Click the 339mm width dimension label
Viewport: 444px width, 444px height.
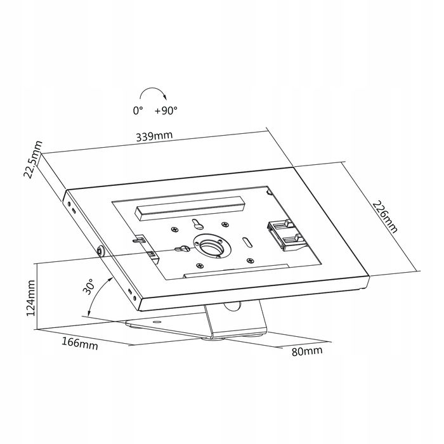pos(154,136)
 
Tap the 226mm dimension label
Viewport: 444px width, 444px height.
pos(385,217)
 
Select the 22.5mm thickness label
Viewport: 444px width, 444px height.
pos(34,159)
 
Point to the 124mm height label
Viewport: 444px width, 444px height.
pos(30,298)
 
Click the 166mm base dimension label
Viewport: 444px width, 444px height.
pos(80,344)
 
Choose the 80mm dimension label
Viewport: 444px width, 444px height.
pos(307,351)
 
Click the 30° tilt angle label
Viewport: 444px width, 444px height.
pos(89,286)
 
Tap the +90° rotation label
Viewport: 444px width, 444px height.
pos(166,110)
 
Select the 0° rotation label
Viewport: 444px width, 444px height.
pos(138,110)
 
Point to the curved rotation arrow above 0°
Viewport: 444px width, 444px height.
pos(153,88)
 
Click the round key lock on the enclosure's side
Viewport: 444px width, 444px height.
pos(100,251)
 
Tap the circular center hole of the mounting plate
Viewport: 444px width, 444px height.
pos(211,246)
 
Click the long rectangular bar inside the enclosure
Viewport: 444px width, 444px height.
pos(190,208)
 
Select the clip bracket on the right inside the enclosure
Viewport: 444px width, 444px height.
pos(287,235)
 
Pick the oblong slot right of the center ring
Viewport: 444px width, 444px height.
pos(247,242)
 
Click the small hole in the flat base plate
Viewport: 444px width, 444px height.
pos(156,322)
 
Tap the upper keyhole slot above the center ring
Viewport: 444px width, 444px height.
pos(197,223)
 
